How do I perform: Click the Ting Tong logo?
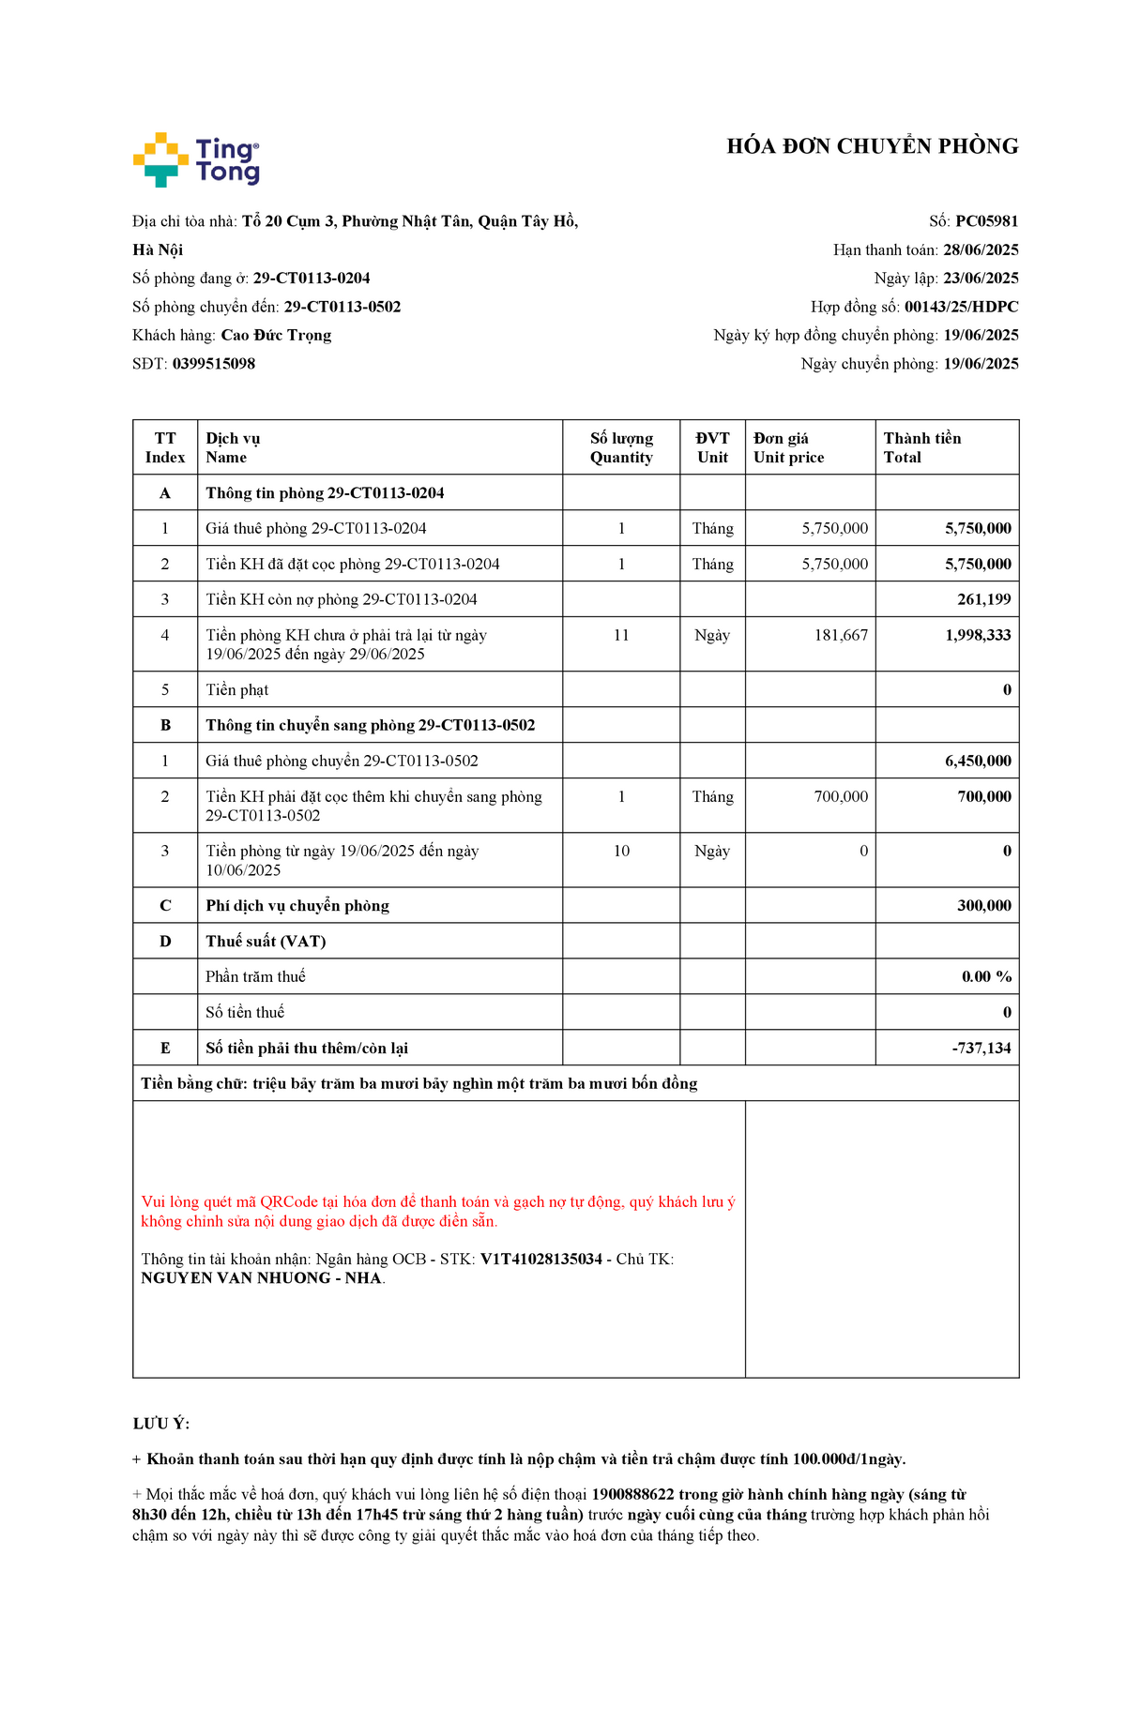[x=196, y=159]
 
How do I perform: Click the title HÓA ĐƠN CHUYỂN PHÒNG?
[x=872, y=146]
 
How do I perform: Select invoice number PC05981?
[x=986, y=221]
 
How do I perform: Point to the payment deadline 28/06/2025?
[x=981, y=249]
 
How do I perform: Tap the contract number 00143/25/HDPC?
[x=961, y=307]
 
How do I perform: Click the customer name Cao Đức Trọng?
[x=276, y=335]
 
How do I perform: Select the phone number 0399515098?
[x=214, y=364]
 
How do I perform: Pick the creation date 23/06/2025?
[x=981, y=279]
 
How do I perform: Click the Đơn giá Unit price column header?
[x=788, y=447]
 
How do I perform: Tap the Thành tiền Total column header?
[x=921, y=447]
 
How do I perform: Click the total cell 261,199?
[x=983, y=599]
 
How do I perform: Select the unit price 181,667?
[x=841, y=635]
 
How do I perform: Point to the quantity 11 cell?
[x=621, y=635]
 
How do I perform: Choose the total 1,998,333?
[x=978, y=635]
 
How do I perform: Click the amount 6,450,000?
[x=978, y=761]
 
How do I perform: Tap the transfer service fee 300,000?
[x=983, y=905]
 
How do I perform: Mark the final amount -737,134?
[x=981, y=1048]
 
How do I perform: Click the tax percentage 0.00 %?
[x=986, y=976]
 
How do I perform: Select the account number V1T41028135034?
[x=540, y=1259]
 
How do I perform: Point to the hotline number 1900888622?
[x=632, y=1494]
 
